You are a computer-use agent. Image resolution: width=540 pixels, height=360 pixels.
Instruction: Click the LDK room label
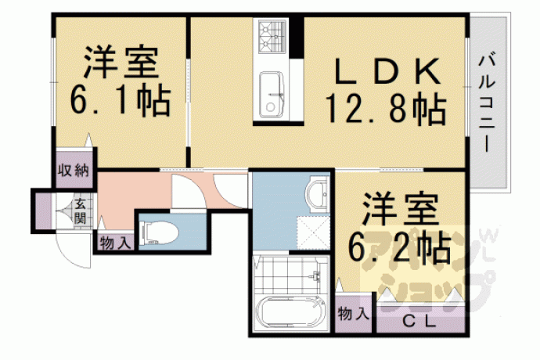tap(387, 72)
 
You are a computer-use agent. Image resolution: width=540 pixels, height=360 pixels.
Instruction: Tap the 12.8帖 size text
tap(386, 109)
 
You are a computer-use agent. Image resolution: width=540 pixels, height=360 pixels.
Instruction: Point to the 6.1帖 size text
tap(121, 99)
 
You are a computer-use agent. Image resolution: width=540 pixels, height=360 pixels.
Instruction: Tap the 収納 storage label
tap(74, 171)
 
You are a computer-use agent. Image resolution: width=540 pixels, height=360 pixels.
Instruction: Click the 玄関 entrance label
tap(80, 211)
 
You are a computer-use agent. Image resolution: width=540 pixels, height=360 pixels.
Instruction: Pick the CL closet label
tap(419, 322)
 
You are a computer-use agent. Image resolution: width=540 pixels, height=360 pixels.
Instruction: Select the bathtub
tap(291, 311)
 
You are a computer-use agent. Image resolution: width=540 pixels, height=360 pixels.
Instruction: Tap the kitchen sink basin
tap(272, 95)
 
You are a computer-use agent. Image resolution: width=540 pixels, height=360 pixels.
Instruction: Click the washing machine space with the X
tap(313, 232)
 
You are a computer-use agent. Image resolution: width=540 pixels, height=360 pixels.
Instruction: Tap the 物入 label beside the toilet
tap(115, 243)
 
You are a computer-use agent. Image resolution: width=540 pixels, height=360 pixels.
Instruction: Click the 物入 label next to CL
tap(354, 314)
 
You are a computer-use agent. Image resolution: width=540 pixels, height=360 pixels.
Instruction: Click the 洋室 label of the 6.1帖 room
tap(121, 63)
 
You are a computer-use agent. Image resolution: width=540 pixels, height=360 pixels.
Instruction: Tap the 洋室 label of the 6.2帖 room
tap(401, 210)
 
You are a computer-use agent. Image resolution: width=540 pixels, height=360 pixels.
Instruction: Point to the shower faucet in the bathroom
tap(316, 276)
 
